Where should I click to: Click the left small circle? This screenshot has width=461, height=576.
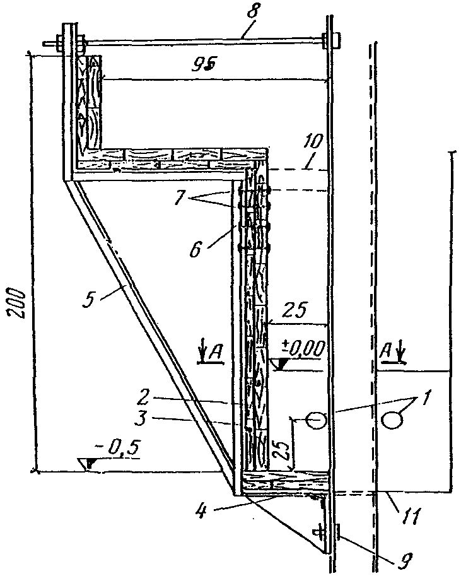point(316,419)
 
